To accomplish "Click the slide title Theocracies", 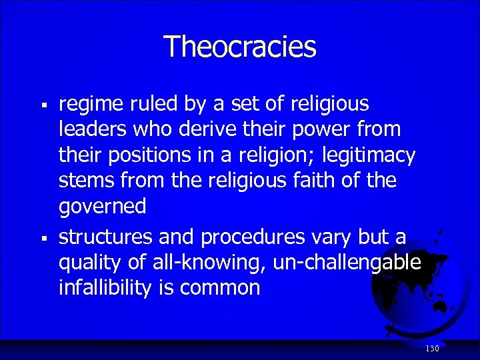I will (x=239, y=47).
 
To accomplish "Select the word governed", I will (x=103, y=207).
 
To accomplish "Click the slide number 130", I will (x=432, y=349).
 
